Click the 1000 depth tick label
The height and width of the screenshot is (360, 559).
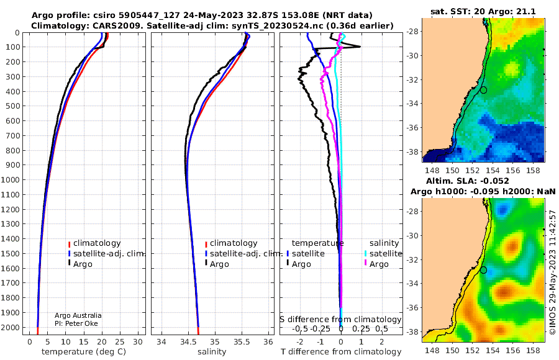(x=11, y=179)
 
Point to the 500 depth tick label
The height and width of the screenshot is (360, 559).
(x=13, y=106)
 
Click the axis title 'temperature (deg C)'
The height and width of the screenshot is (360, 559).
(x=84, y=351)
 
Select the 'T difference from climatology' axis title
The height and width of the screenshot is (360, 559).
(x=341, y=351)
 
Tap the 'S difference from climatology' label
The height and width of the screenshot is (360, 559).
(x=340, y=319)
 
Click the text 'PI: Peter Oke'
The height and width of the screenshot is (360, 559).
(x=76, y=323)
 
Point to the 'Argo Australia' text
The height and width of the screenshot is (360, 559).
(x=78, y=315)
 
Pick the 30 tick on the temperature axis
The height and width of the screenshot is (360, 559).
(x=138, y=342)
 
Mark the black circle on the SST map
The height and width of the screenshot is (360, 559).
(x=483, y=90)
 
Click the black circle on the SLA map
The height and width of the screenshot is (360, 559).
(x=483, y=270)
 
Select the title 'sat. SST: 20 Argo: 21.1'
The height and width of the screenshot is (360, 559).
(x=483, y=11)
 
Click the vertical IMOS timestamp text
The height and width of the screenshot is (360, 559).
(x=553, y=272)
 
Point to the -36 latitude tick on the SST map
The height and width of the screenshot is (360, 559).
(x=412, y=127)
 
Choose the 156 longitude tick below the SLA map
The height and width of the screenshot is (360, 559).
(x=512, y=350)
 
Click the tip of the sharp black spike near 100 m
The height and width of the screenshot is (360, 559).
(x=360, y=47)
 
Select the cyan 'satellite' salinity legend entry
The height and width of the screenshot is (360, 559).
(x=384, y=253)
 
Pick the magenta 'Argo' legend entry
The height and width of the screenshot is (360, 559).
(x=376, y=264)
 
